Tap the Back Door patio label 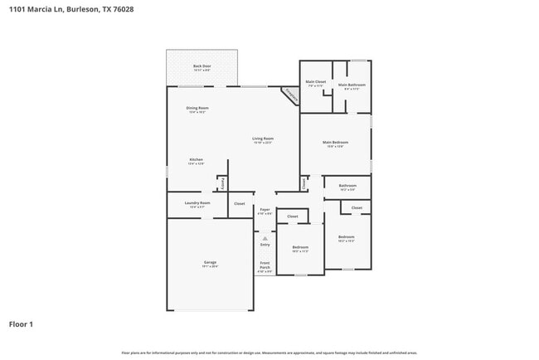[202, 66]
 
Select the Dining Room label [197, 109]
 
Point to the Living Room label [263, 139]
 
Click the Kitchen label [196, 160]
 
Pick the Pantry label [222, 183]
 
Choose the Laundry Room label [197, 203]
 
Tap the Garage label [210, 263]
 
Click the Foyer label [265, 210]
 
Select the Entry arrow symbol [265, 238]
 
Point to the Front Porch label [265, 266]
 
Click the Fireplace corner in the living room [289, 95]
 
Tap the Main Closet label [315, 82]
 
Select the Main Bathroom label [351, 85]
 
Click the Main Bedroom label [335, 143]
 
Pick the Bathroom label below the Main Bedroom [347, 186]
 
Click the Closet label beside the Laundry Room [239, 203]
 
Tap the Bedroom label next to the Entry [300, 247]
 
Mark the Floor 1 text [21, 324]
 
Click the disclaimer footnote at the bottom [269, 353]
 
